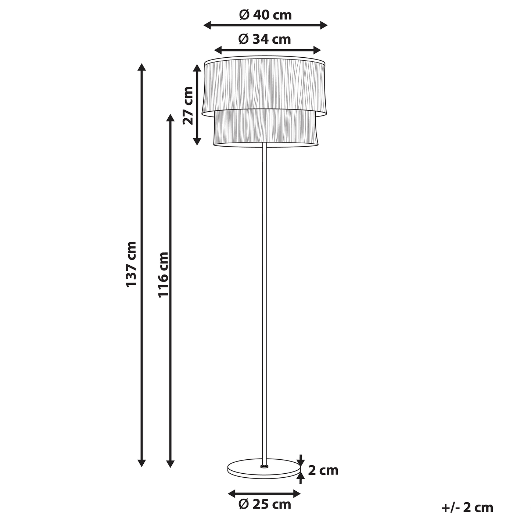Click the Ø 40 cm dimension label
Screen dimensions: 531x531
(x=265, y=15)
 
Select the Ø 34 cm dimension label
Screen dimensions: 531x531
(x=265, y=39)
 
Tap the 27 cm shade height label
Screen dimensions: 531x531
(x=189, y=105)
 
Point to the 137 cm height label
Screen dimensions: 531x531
(x=132, y=264)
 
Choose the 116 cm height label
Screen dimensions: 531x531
(x=164, y=275)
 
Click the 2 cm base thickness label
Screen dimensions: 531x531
(x=323, y=470)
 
